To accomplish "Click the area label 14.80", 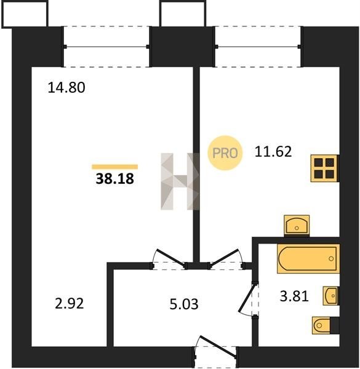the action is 66,87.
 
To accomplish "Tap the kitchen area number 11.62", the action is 273,151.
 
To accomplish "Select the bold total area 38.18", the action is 115,178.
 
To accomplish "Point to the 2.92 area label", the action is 69,303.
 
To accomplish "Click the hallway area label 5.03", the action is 184,304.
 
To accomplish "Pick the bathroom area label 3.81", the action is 294,296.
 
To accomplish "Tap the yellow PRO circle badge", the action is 225,153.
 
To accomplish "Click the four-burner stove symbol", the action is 325,169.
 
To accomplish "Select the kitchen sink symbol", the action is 297,226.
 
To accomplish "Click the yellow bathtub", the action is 308,259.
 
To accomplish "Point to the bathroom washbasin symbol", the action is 331,296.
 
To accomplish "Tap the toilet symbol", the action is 326,325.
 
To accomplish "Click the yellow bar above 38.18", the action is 114,167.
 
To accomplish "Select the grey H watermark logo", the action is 180,181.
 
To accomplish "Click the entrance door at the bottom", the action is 217,346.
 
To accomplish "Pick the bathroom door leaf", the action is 247,298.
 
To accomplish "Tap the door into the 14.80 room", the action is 170,258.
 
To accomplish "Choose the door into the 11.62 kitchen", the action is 225,258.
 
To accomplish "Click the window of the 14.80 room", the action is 106,47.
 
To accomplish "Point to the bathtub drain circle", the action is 331,259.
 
